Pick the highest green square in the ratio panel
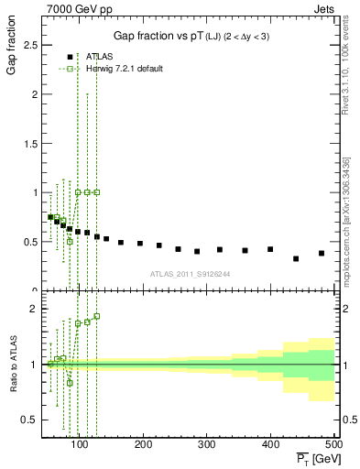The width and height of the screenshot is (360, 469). (96, 316)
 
